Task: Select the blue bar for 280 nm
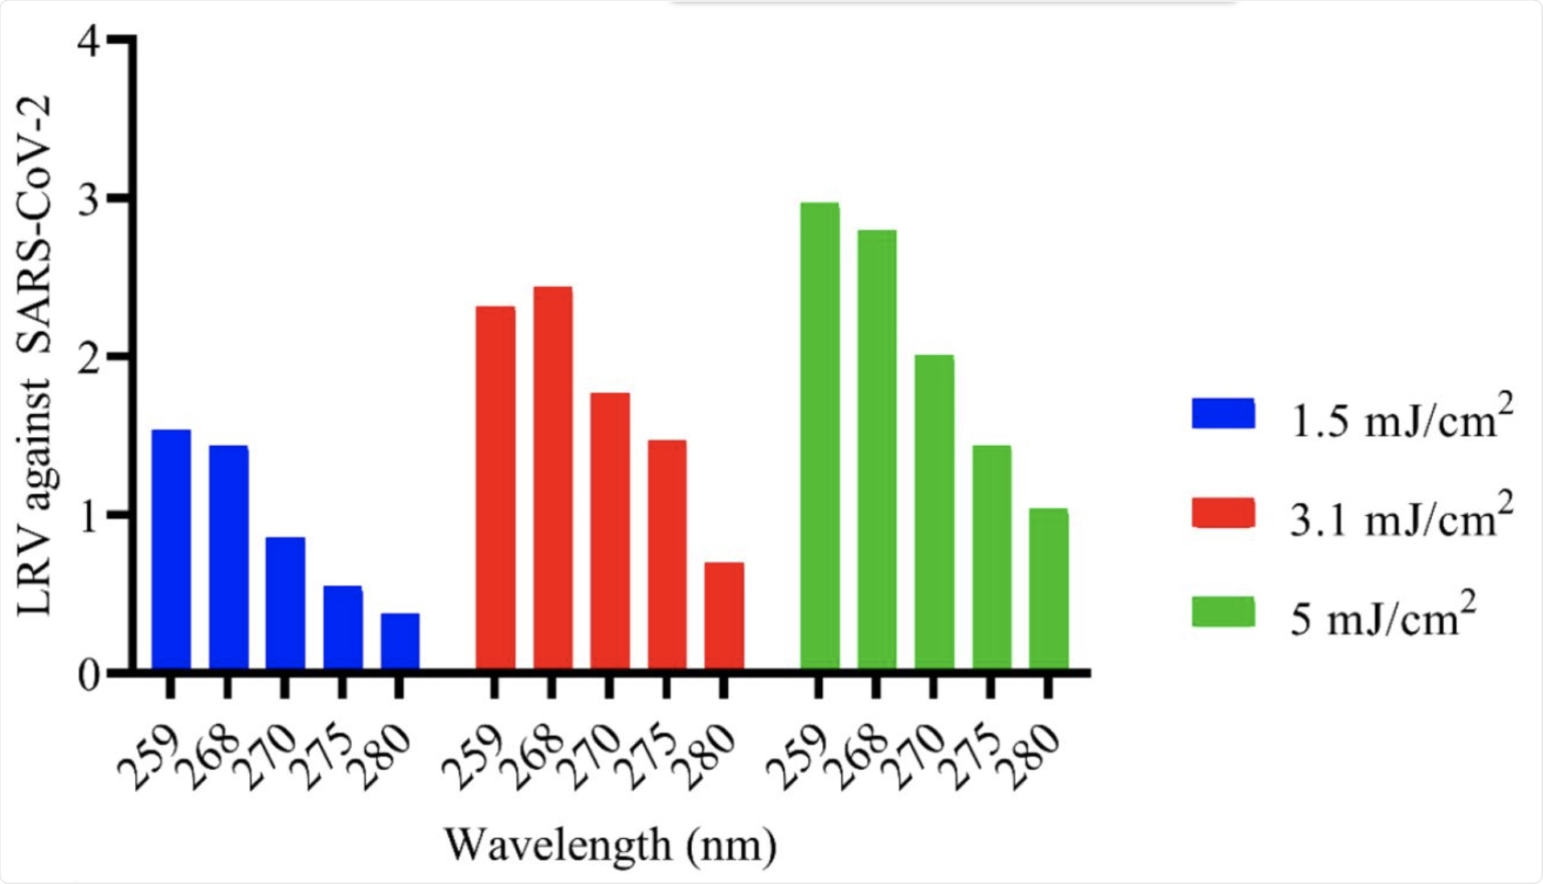(x=399, y=640)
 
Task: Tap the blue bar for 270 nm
(x=285, y=603)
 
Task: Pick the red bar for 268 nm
(x=553, y=477)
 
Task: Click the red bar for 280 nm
(x=724, y=616)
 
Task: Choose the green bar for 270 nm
(x=934, y=512)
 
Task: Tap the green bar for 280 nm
(x=1048, y=588)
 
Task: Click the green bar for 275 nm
(x=991, y=557)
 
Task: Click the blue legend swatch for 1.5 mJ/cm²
(x=1223, y=413)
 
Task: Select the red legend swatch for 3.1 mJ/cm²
(x=1223, y=513)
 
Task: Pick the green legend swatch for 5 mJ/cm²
(x=1223, y=612)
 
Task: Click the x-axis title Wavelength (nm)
(x=611, y=845)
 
